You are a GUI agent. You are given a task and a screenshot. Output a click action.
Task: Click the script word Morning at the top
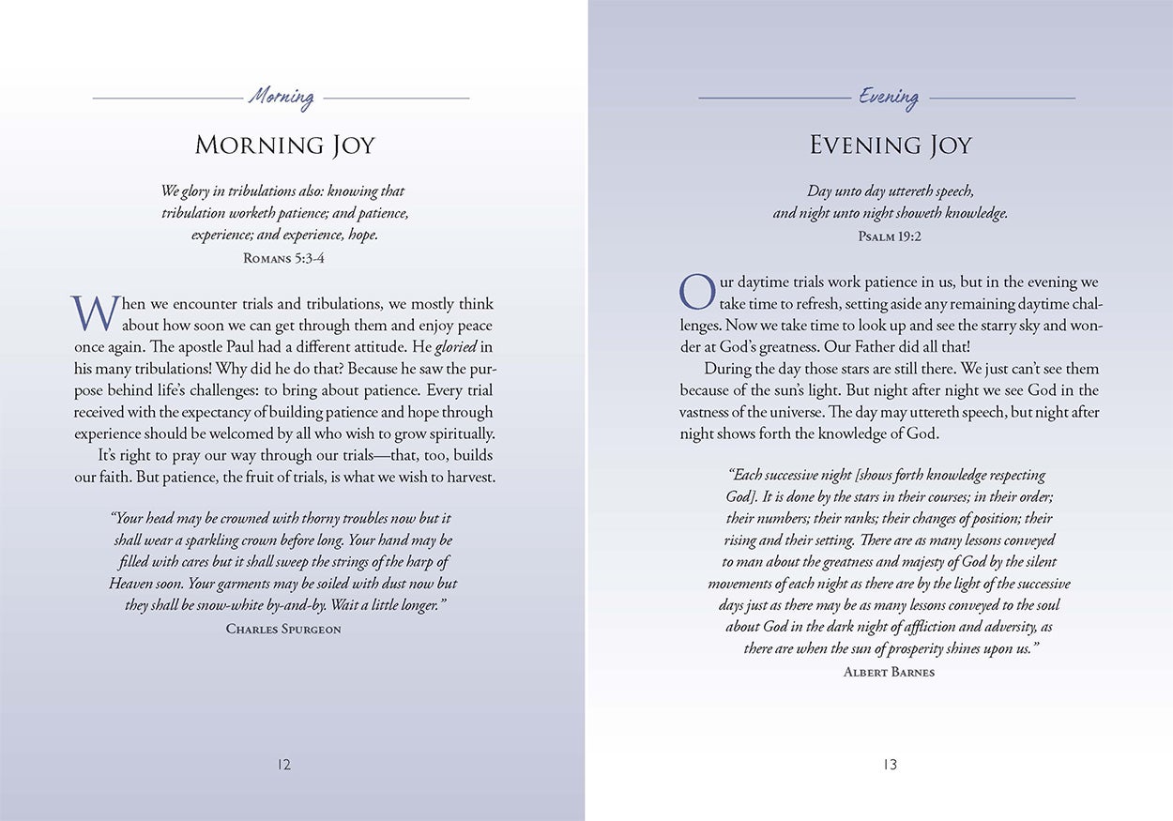(x=282, y=97)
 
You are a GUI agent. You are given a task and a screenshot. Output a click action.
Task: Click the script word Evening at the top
(x=889, y=97)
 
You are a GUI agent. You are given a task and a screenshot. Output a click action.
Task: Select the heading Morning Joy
(x=284, y=145)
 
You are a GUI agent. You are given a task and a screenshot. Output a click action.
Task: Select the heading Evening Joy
(x=890, y=145)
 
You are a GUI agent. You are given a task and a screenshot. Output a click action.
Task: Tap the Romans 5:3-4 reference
(x=284, y=258)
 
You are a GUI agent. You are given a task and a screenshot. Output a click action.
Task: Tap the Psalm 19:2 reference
(x=890, y=236)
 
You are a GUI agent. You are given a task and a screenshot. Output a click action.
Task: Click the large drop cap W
(x=95, y=313)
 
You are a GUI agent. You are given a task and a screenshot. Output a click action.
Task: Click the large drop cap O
(x=697, y=292)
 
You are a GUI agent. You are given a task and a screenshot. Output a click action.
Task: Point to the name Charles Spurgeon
(x=283, y=629)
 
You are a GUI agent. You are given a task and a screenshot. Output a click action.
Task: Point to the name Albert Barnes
(x=889, y=672)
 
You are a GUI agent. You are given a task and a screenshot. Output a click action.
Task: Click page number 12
(x=284, y=765)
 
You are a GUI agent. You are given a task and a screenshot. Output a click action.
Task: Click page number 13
(x=890, y=765)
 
